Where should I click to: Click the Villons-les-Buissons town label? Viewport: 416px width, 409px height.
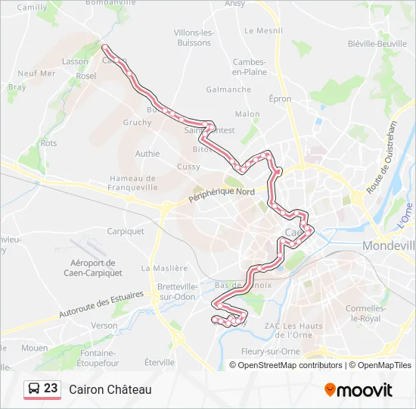[194, 38]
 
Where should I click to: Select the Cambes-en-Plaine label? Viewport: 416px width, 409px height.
[250, 67]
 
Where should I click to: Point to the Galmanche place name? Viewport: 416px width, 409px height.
[228, 89]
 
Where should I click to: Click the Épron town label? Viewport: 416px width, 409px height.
[280, 98]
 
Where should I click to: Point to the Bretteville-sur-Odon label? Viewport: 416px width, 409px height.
[179, 292]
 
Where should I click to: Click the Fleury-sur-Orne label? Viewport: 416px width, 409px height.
[271, 351]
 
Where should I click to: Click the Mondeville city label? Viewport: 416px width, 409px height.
[389, 245]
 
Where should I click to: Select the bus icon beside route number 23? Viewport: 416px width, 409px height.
[34, 389]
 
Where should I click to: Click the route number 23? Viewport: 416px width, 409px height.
[51, 389]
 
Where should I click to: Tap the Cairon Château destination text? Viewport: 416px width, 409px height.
[110, 389]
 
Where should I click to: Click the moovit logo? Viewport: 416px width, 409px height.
[359, 390]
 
